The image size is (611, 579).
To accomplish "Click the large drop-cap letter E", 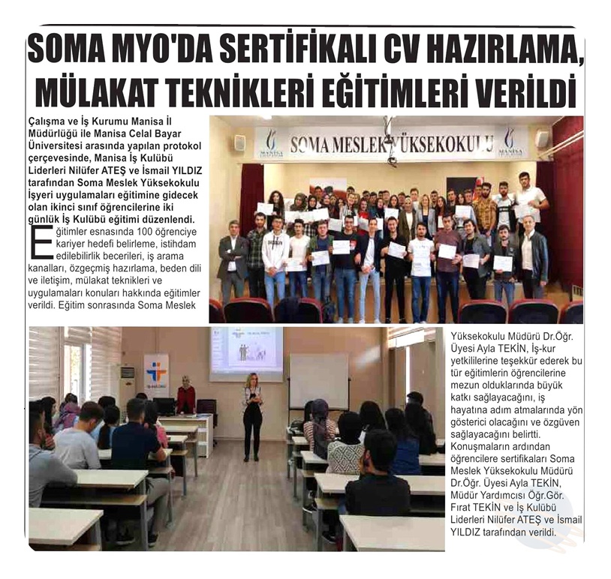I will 41,241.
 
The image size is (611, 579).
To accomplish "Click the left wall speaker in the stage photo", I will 239,142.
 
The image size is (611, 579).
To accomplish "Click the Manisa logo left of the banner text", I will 271,142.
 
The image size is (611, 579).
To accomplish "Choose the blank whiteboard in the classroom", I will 319,380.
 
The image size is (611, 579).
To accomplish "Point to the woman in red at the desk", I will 185,397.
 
